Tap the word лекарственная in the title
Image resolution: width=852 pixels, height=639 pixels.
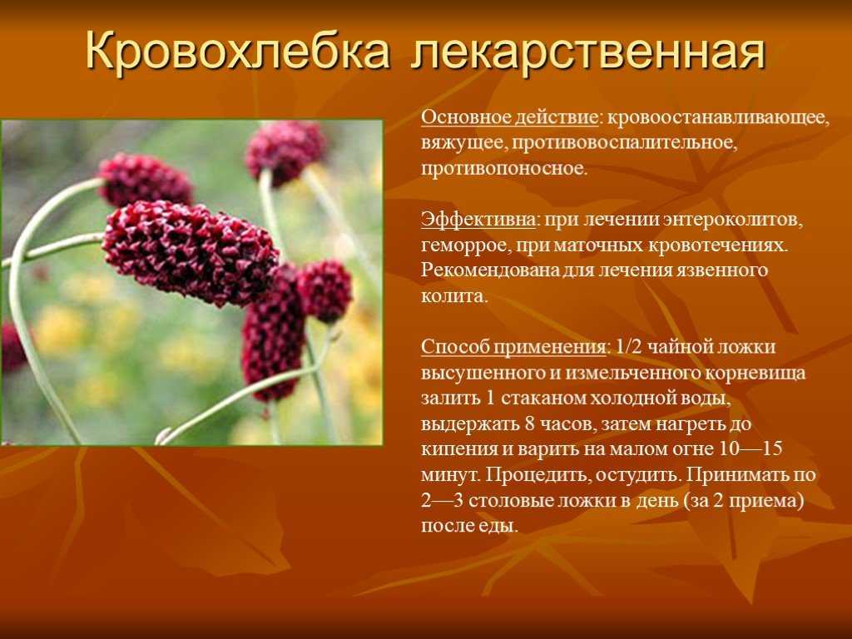coord(588,52)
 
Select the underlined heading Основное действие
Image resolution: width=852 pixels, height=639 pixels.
coord(510,117)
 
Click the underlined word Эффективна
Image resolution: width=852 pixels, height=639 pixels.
coord(478,220)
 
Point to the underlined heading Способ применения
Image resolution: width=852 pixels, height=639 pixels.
coord(513,347)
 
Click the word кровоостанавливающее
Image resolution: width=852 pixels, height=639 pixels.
coord(718,118)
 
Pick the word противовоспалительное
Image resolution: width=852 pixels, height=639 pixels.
coord(624,143)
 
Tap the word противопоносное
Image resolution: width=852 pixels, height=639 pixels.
coord(504,168)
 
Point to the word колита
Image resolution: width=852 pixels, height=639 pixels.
coord(454,296)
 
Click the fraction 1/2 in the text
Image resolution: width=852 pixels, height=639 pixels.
coord(627,347)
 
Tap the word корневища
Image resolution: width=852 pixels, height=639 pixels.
coord(754,374)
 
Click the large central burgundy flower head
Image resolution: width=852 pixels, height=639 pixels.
coord(191,253)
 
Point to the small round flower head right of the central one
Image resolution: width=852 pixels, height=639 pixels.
coord(324,290)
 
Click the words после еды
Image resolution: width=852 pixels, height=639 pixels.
coord(469,526)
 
